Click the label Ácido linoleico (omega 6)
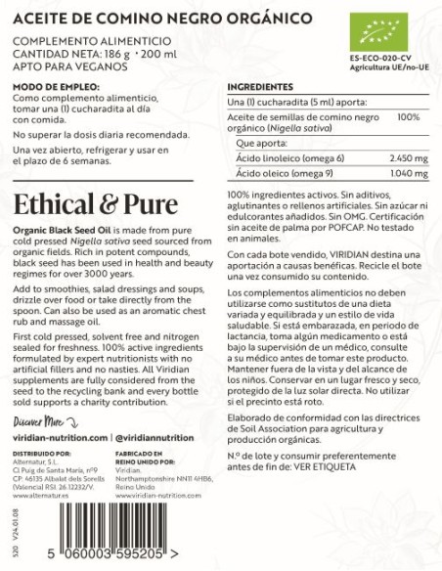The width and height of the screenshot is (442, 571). pyautogui.click(x=278, y=158)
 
